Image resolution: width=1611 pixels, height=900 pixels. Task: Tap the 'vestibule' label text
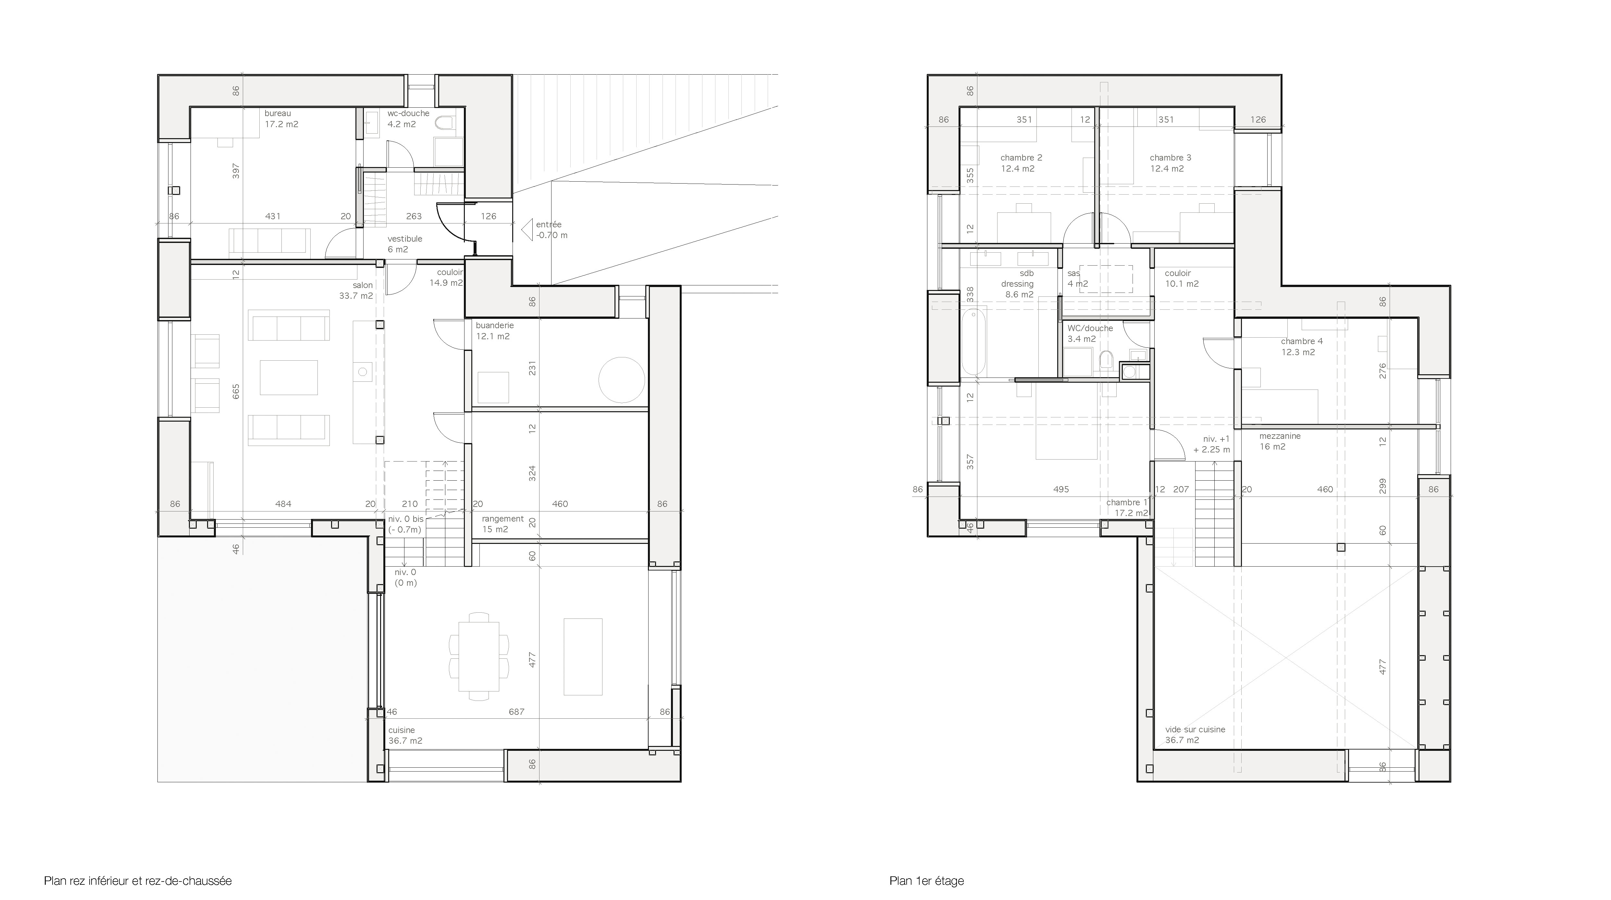405,239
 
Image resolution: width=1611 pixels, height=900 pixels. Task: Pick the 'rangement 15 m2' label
502,524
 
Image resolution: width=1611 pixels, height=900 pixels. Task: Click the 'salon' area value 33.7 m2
356,296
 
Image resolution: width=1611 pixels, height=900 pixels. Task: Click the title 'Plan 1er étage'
926,881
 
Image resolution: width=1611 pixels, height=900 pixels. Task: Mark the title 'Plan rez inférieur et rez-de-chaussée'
138,881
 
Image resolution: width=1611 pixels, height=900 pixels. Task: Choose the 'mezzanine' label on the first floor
1280,436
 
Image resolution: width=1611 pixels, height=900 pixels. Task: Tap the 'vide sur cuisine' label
1195,729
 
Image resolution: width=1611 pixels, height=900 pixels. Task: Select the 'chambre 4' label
1301,341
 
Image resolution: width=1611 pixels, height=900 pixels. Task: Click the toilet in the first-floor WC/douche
1106,361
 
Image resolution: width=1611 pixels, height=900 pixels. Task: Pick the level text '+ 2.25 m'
1211,450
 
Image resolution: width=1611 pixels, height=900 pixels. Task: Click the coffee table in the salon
289,377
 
